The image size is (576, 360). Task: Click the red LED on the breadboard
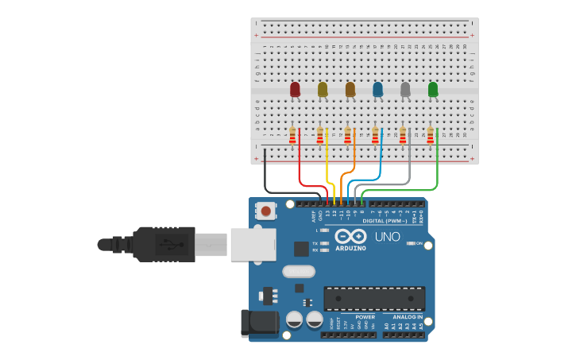295,90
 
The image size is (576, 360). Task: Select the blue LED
377,90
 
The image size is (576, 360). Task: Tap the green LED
433,90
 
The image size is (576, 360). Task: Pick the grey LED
405,90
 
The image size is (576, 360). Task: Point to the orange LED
350,90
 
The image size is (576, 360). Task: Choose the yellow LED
323,90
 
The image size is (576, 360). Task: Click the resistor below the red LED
292,136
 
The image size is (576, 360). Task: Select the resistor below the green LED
431,136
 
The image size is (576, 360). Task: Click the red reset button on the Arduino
265,211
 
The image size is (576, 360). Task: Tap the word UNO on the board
387,237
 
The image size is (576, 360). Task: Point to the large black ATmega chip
373,298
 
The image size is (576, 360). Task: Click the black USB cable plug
163,244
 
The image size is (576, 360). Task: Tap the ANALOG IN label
407,317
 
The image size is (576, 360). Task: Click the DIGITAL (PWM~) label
385,221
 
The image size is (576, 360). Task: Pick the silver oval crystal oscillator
299,272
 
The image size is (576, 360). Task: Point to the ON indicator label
419,243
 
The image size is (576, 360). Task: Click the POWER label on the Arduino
365,317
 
